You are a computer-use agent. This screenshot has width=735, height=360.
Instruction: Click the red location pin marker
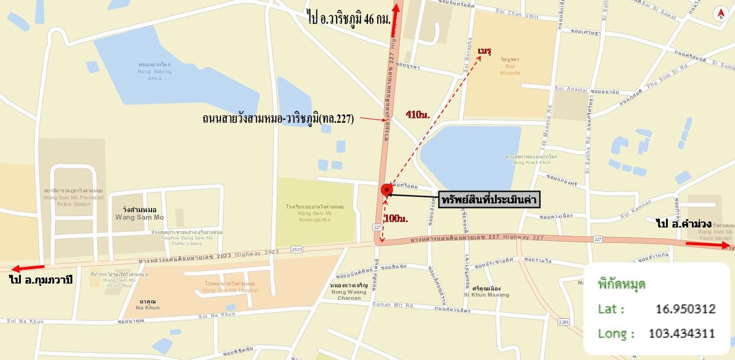coord(386,190)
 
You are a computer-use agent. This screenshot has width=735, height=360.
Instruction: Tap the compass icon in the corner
coord(720,14)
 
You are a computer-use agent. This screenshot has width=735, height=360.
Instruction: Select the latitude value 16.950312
coord(685,309)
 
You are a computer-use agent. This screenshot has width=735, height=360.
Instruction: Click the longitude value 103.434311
coord(682,333)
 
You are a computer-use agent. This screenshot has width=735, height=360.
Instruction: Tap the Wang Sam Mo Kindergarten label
coord(314,213)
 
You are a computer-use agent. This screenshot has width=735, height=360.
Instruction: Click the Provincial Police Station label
coord(73,197)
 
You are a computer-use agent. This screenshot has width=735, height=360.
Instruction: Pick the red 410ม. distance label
coord(418,115)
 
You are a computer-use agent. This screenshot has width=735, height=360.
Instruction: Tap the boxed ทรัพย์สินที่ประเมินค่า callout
coord(489,199)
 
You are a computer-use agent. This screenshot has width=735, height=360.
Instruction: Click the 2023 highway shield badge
coord(297,249)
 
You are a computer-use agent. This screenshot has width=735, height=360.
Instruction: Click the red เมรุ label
coord(485,51)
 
